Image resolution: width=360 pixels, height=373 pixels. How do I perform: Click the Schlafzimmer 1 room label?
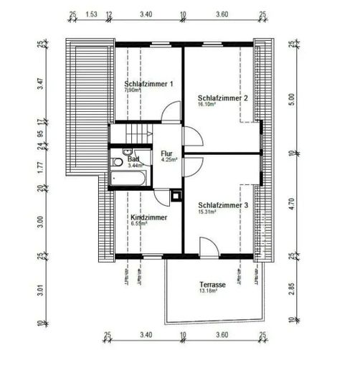point(148,84)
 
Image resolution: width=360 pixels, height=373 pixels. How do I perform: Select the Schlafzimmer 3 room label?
point(223,204)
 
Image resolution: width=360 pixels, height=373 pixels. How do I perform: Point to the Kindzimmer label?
point(148,216)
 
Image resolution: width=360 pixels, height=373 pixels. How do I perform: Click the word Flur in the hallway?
point(167,153)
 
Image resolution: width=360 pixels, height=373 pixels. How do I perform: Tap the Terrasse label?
point(212,285)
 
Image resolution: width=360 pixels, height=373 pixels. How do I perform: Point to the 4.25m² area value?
point(169,160)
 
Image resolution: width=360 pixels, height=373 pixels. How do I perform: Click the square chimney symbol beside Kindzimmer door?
point(176,194)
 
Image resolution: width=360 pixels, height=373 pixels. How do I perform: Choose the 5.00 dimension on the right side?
point(291,98)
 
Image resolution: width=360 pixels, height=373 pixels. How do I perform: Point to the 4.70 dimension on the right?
point(291,204)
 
